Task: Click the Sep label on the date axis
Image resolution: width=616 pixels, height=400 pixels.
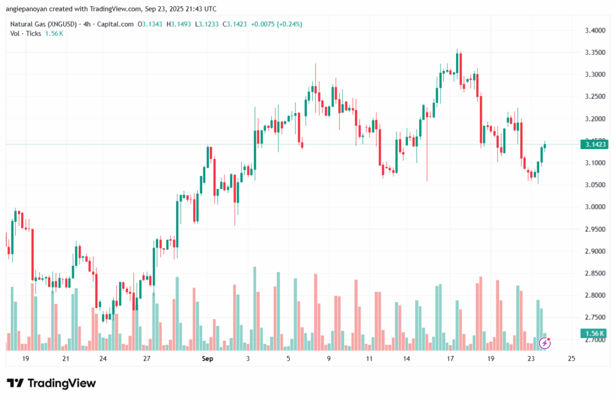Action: click(x=208, y=359)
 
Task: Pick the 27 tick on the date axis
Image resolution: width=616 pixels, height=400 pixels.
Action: click(x=147, y=359)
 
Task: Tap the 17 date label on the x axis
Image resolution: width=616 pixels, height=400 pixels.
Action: click(x=450, y=359)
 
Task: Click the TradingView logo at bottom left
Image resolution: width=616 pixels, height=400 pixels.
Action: click(x=51, y=383)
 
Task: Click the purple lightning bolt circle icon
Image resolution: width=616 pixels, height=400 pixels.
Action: click(x=544, y=343)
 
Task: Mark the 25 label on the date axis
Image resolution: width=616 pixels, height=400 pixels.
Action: click(x=571, y=359)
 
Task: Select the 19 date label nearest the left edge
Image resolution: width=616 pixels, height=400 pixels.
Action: click(x=25, y=359)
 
